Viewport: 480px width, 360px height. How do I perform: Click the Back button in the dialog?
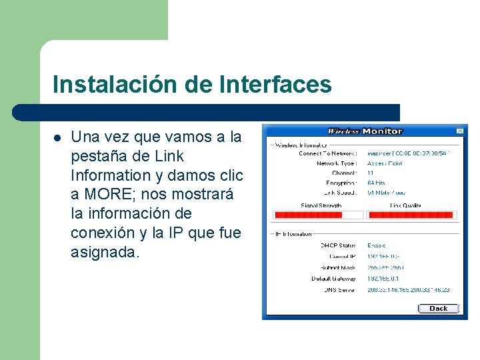coord(438,309)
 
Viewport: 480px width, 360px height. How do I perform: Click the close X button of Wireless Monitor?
coord(459,131)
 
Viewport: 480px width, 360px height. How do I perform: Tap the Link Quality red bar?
coord(411,215)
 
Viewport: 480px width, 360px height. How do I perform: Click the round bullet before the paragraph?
coord(57,138)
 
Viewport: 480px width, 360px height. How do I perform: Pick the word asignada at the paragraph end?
coord(105,253)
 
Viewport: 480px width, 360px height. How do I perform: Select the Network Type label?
coord(337,163)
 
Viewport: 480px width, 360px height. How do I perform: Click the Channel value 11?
coord(371,173)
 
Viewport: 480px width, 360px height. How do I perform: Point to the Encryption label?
coord(341,183)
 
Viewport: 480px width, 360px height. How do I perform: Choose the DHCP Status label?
coord(339,246)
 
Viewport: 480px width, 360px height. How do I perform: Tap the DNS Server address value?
coord(408,290)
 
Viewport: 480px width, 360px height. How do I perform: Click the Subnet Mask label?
coord(340,267)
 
